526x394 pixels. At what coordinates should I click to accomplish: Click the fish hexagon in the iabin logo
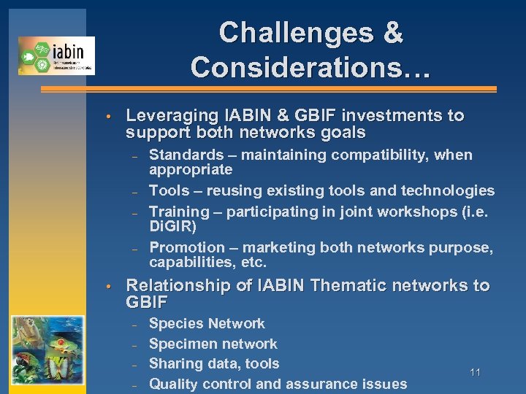[x=28, y=55]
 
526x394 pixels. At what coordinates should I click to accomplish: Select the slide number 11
[x=475, y=373]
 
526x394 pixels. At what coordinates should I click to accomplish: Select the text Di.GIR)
[x=173, y=226]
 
